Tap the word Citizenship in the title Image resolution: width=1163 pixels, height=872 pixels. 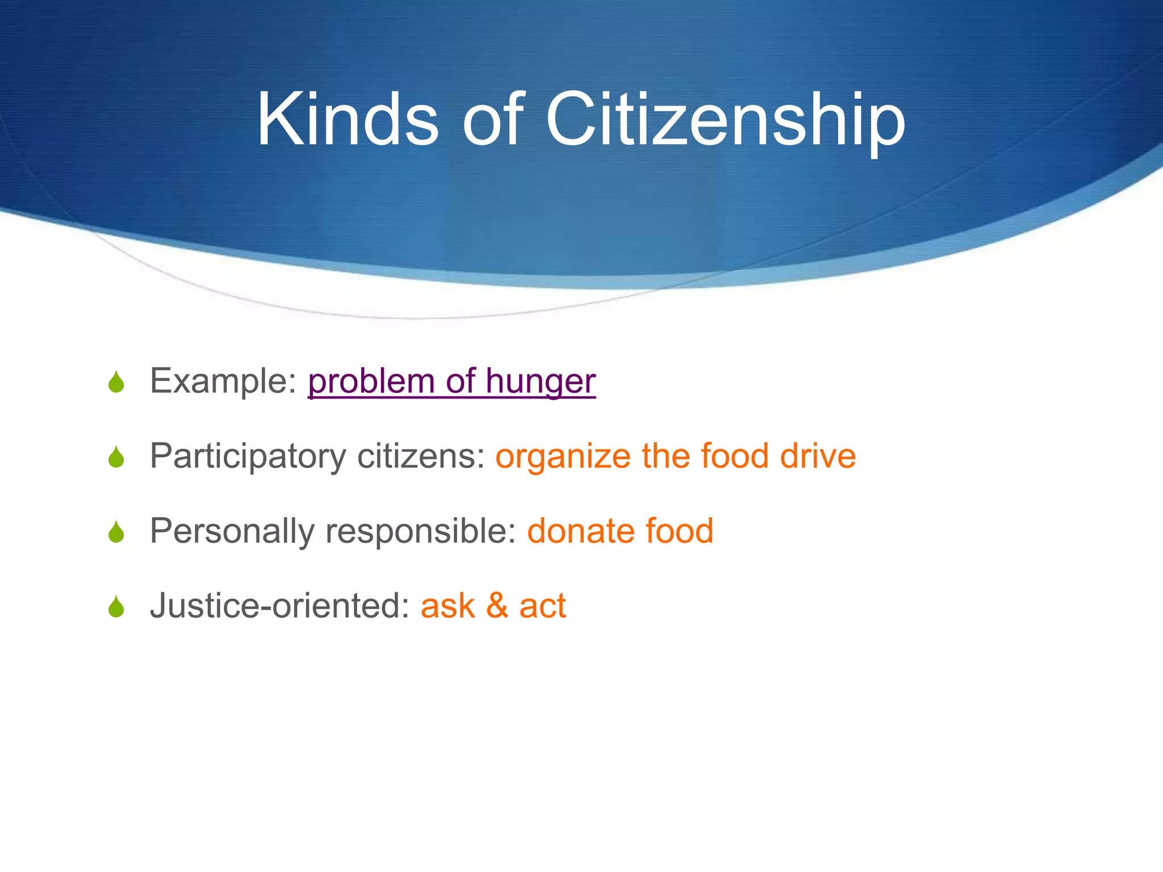pyautogui.click(x=725, y=120)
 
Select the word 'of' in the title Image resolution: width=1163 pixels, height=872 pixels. pyautogui.click(x=492, y=120)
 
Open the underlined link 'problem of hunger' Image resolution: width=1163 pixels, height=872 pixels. pyautogui.click(x=451, y=381)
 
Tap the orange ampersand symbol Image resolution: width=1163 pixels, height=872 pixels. pyautogui.click(x=497, y=606)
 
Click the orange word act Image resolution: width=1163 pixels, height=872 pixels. pyautogui.click(x=542, y=606)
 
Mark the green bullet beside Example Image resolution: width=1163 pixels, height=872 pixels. pyautogui.click(x=116, y=382)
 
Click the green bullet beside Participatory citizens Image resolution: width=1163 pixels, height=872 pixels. pyautogui.click(x=116, y=457)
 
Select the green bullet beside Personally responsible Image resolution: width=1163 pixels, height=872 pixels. pyautogui.click(x=116, y=532)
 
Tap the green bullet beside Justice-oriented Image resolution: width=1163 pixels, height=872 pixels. pyautogui.click(x=116, y=607)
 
